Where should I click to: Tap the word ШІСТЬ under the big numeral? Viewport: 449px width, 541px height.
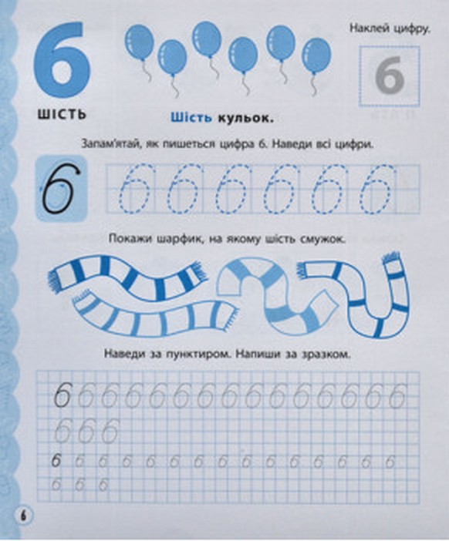click(x=62, y=113)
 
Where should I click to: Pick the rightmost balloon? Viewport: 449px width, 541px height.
click(x=316, y=55)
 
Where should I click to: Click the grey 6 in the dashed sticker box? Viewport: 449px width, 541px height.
click(x=390, y=76)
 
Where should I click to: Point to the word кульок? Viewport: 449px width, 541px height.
click(x=245, y=119)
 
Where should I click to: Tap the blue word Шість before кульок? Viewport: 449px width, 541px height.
click(x=191, y=118)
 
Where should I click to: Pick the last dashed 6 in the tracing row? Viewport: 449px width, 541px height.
click(x=376, y=189)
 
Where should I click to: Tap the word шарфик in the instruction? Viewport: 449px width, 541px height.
click(x=178, y=239)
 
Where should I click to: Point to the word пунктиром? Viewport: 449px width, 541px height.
click(x=197, y=355)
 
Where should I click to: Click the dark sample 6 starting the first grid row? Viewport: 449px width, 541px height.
click(x=63, y=395)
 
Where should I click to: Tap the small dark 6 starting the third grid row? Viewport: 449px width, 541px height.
click(x=56, y=462)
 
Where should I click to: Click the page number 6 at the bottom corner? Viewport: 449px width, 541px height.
click(x=23, y=526)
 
